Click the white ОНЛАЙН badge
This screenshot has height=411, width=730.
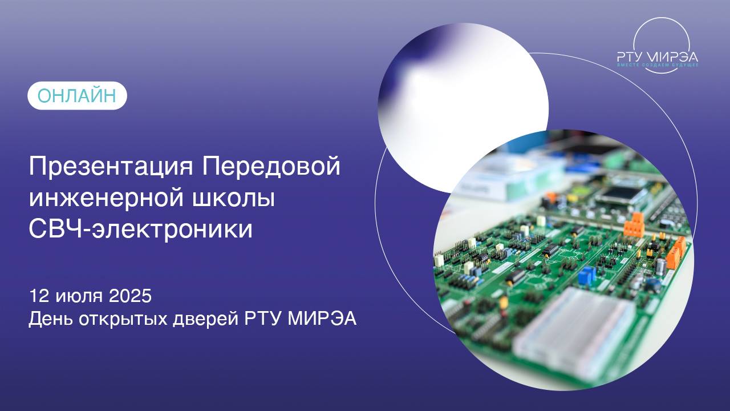(77, 96)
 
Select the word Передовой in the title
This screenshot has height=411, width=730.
(271, 167)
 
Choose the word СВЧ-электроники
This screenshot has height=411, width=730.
(140, 229)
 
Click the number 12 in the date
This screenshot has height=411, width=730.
(39, 296)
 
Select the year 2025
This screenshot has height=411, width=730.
(131, 296)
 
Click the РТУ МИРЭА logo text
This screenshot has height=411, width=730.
(657, 57)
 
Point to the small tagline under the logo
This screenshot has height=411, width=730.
(657, 66)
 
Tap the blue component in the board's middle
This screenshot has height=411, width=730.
(586, 276)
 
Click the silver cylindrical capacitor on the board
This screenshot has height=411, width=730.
(660, 267)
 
